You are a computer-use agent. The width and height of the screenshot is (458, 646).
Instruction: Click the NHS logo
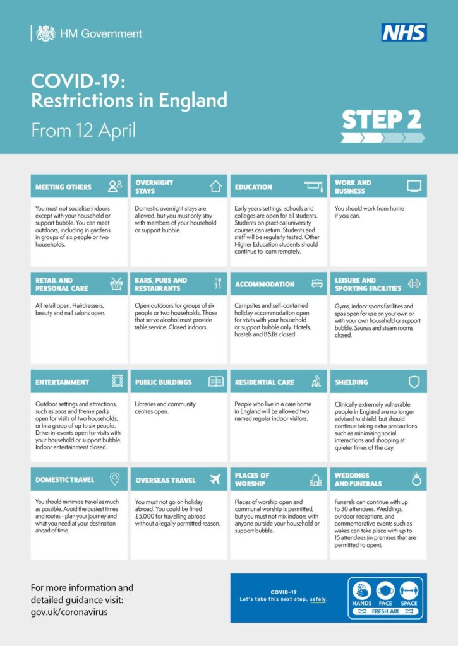click(404, 32)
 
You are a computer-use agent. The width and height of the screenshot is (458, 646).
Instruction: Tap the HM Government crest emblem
click(45, 33)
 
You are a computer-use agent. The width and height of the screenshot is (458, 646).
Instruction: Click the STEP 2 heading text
click(382, 119)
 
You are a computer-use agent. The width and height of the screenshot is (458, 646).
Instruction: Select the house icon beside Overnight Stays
click(215, 186)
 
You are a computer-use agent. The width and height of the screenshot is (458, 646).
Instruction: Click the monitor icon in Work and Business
click(414, 186)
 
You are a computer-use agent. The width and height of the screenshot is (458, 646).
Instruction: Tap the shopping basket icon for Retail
click(116, 284)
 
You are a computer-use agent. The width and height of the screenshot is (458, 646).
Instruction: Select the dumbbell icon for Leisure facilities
click(414, 284)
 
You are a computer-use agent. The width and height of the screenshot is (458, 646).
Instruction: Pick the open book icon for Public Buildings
click(216, 382)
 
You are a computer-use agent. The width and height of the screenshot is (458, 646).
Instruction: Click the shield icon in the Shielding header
click(414, 382)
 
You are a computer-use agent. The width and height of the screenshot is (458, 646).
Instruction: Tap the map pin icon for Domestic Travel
click(115, 479)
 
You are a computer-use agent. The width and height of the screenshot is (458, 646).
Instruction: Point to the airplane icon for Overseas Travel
click(215, 479)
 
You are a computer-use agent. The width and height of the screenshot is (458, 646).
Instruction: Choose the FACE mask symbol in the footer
click(385, 592)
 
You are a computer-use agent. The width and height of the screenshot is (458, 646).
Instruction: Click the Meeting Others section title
click(63, 187)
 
